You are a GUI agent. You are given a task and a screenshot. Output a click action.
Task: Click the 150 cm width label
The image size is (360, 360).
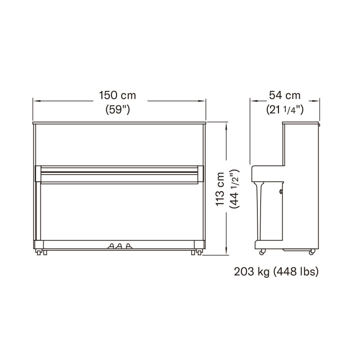(x=117, y=95)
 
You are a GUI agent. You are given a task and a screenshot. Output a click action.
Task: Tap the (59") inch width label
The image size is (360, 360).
(x=118, y=109)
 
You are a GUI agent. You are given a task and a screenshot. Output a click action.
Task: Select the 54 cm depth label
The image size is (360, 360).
(x=285, y=95)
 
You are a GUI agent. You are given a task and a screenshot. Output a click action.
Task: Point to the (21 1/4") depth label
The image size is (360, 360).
(x=285, y=109)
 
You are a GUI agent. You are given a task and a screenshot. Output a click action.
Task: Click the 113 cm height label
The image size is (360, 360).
(x=220, y=189)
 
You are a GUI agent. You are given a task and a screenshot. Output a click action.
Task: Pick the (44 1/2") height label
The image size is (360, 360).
(x=234, y=189)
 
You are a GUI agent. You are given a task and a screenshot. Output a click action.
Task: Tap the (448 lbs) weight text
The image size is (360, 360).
(x=296, y=272)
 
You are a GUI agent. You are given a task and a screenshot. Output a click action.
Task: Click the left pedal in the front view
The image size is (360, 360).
(x=111, y=246)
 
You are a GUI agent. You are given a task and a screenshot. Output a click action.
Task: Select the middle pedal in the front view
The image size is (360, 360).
(x=119, y=246)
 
